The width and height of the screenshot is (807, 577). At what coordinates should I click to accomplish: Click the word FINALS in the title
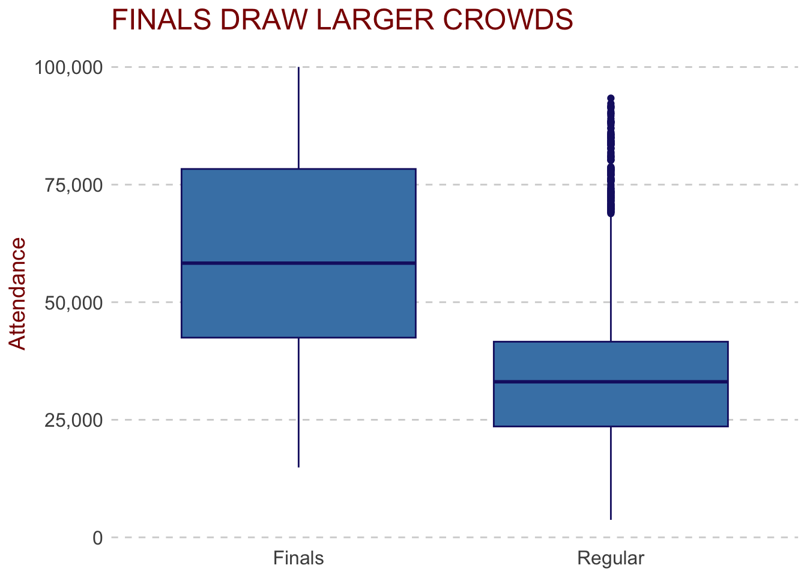coord(162,20)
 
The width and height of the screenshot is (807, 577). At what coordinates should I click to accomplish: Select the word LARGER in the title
coord(375,20)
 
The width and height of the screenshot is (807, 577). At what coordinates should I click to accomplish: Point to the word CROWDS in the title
coord(508,20)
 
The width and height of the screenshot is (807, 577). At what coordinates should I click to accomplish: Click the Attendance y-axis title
coord(17,293)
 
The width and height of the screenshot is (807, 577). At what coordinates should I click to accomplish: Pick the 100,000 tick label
coord(68,67)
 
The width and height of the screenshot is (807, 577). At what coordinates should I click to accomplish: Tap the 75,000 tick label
coord(73,185)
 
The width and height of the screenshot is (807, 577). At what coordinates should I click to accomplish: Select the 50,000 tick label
coord(73,302)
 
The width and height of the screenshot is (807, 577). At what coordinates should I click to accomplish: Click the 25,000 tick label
coord(73,420)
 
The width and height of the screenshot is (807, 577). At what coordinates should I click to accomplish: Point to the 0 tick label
coord(98,538)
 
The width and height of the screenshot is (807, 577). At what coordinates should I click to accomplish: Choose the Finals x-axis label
coord(298,558)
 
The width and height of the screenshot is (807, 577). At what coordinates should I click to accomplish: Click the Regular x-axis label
coord(611,558)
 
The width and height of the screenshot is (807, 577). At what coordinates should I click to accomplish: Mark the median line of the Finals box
coord(298,263)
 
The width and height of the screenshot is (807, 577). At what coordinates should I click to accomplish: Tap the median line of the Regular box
coord(611,382)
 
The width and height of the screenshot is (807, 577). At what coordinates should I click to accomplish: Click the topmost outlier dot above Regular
coord(611,98)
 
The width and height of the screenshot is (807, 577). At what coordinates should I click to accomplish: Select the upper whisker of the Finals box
coord(298,118)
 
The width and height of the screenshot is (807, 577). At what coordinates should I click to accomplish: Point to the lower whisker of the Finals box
coord(298,403)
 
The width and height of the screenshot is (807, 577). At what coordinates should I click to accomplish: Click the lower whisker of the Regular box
coord(611,473)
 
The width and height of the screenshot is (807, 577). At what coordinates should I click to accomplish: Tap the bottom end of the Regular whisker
coord(611,519)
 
